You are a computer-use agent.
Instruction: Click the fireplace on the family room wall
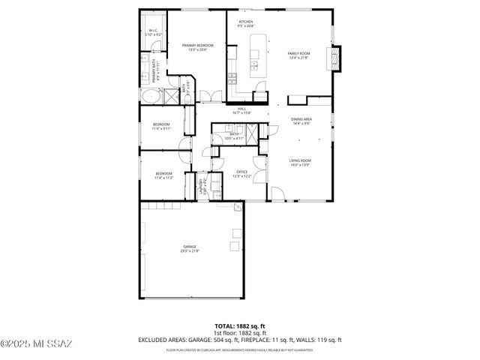337,58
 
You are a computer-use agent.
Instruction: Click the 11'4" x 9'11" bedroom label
161,126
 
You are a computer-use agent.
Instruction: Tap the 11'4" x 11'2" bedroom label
163,175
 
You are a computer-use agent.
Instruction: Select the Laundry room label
201,184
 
